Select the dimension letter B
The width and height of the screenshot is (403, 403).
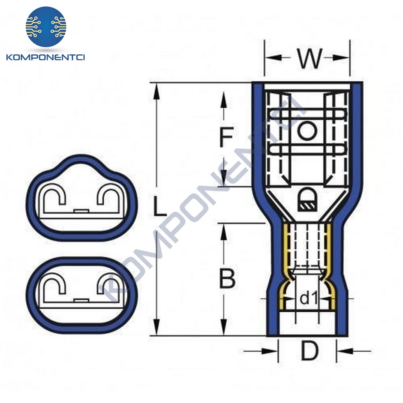point(227,279)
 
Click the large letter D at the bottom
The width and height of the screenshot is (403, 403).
point(309,351)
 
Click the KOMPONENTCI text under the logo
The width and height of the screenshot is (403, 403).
point(46,57)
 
